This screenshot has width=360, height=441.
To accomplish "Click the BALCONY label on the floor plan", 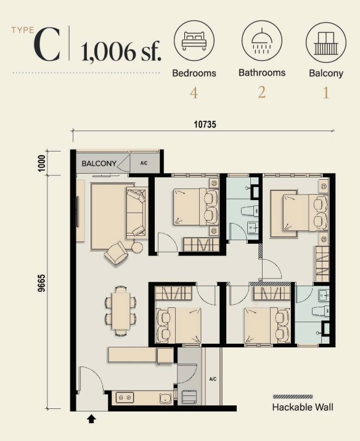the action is pyautogui.click(x=99, y=163).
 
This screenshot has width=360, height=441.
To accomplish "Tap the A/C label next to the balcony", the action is pyautogui.click(x=144, y=163).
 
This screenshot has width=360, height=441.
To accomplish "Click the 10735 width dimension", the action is pyautogui.click(x=205, y=124).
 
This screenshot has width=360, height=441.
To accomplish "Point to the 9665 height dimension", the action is pyautogui.click(x=41, y=284).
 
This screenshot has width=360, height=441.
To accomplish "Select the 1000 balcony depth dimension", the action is pyautogui.click(x=41, y=163).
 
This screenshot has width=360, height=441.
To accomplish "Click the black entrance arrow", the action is pyautogui.click(x=91, y=419).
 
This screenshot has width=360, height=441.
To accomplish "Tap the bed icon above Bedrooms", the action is pyautogui.click(x=194, y=41).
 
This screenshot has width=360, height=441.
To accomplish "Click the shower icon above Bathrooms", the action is pyautogui.click(x=262, y=41).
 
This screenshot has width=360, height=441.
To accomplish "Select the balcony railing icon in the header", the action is pyautogui.click(x=326, y=43).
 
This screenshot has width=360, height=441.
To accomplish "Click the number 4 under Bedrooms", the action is pyautogui.click(x=194, y=93).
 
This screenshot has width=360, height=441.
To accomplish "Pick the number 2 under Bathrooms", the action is pyautogui.click(x=262, y=92).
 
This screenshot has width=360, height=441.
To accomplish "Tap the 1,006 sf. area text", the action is pyautogui.click(x=121, y=51).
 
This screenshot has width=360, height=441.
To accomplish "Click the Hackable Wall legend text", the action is pyautogui.click(x=303, y=407).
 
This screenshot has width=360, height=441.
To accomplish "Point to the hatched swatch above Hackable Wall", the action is pyautogui.click(x=293, y=397).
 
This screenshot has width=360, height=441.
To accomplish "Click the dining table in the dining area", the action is pyautogui.click(x=121, y=310).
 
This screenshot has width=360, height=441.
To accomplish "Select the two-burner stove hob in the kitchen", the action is pyautogui.click(x=125, y=397).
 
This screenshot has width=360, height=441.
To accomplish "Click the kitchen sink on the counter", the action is pyautogui.click(x=166, y=398).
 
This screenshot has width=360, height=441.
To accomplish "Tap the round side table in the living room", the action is pyautogui.click(x=137, y=248).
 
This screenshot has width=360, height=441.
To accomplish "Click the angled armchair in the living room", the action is pyautogui.click(x=116, y=253).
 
